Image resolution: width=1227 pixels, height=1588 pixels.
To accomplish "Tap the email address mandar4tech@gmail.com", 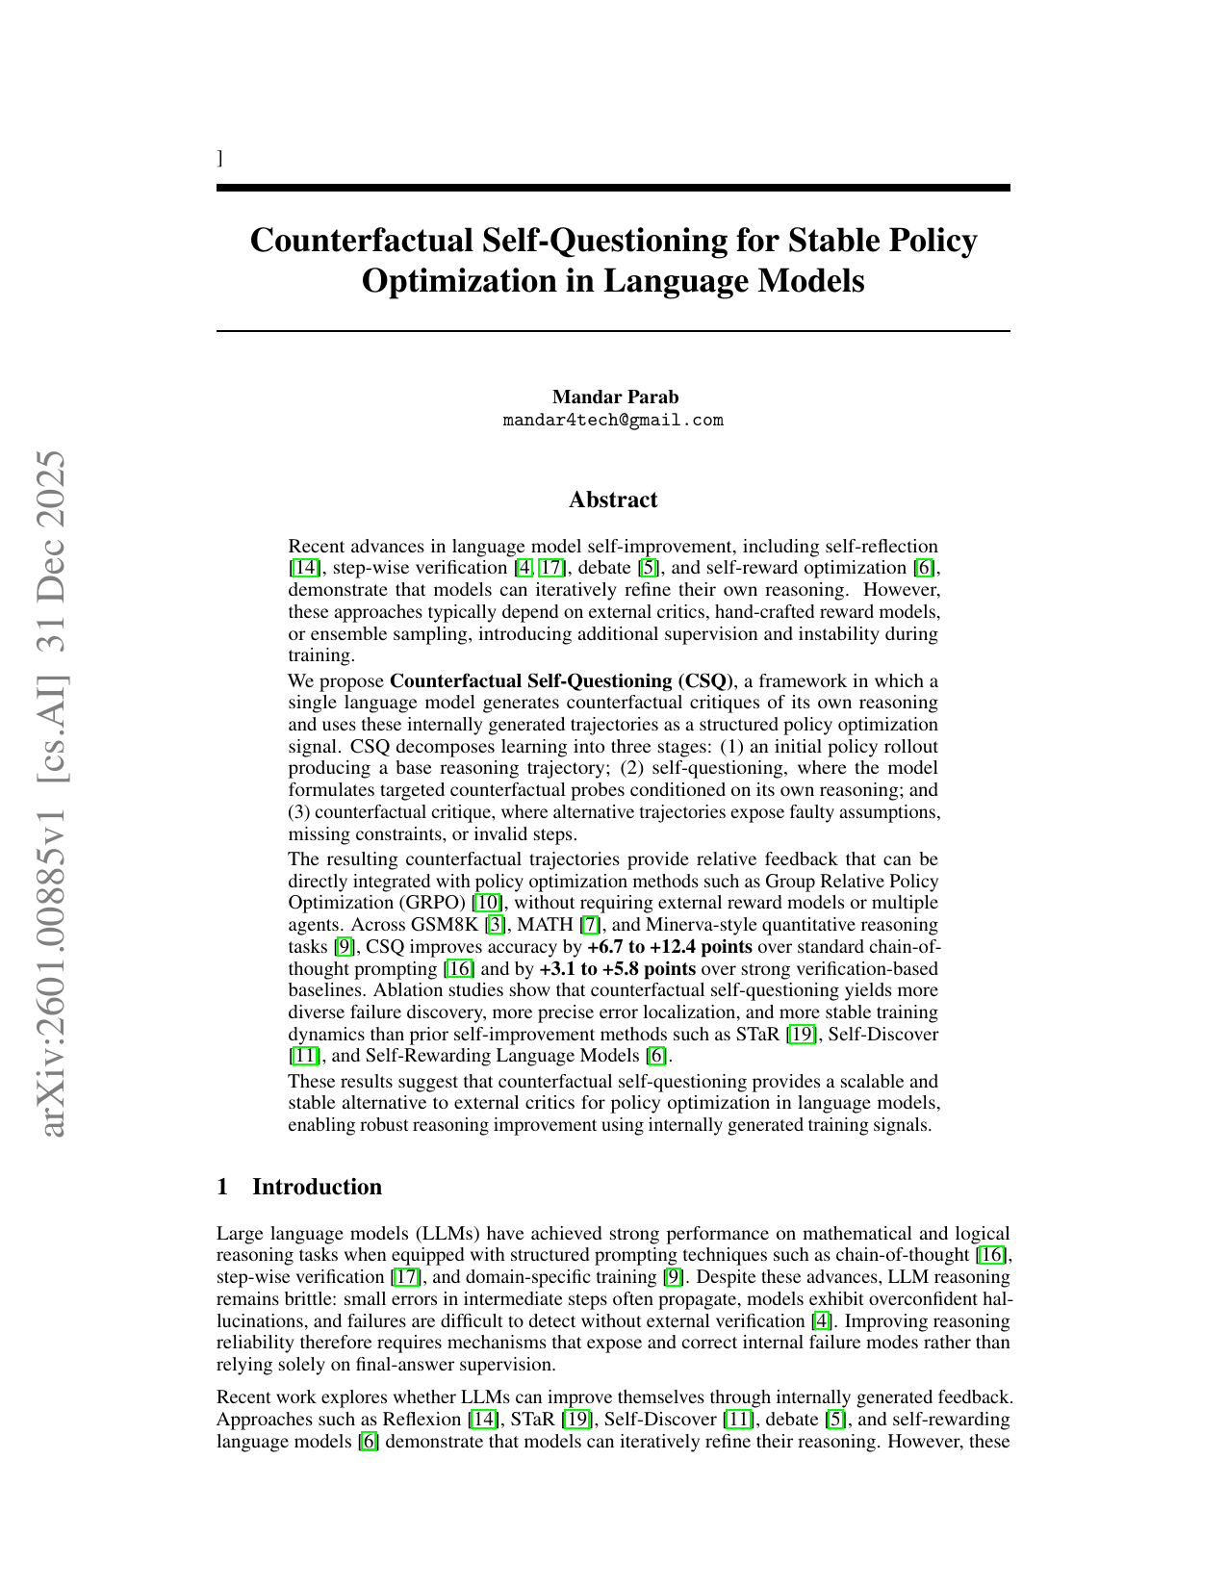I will tap(613, 421).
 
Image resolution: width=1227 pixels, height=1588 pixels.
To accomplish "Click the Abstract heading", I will tap(613, 499).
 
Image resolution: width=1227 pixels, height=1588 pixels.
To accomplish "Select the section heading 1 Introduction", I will tap(299, 1187).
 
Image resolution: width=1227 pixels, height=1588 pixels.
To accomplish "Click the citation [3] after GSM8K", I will tap(495, 925).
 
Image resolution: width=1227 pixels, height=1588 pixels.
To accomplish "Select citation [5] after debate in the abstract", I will tap(651, 568).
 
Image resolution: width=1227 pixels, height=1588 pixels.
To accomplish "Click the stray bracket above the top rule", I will tap(220, 158).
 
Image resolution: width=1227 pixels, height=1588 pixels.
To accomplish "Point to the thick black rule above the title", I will tap(613, 187).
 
